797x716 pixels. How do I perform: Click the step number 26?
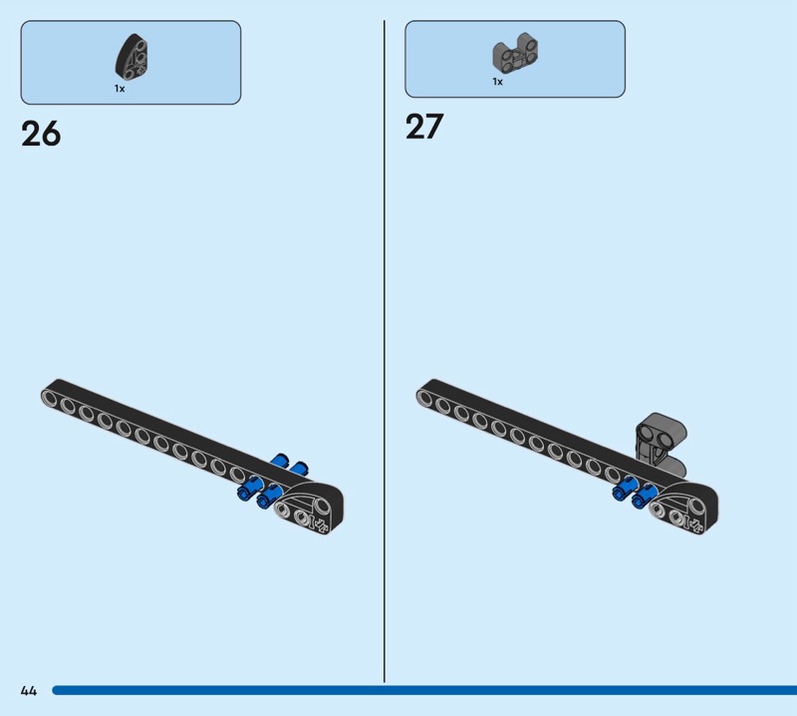point(41,134)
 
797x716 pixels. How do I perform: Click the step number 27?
point(424,127)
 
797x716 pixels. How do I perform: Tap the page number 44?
point(29,690)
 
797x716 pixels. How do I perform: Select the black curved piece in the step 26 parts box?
point(133,57)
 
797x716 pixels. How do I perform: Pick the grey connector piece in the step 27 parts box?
point(515,53)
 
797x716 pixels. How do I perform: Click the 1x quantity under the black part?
point(120,89)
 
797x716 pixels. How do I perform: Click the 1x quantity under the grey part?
point(497,82)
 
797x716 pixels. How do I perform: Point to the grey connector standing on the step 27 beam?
point(661,443)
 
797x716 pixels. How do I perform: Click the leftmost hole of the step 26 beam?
point(49,397)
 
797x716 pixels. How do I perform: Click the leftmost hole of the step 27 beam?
point(424,397)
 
